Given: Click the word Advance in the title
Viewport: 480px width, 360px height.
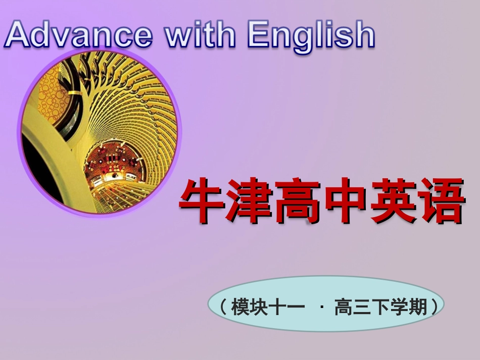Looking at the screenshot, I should tap(78, 34).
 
